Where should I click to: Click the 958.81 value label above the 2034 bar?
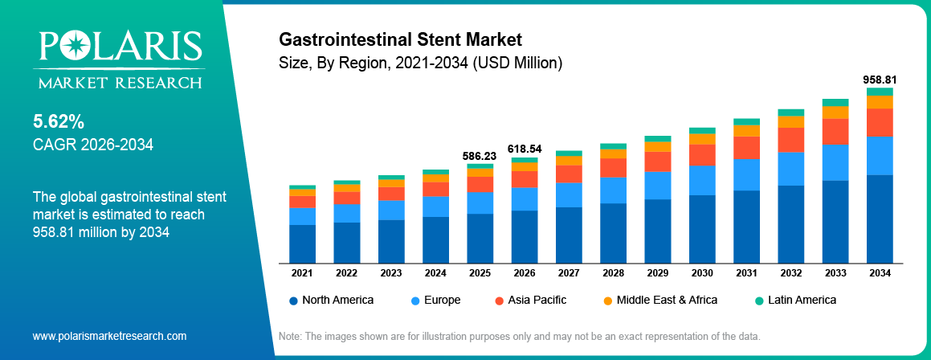coord(880,80)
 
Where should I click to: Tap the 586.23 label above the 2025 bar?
coord(480,155)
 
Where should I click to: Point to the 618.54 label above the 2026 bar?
coord(525,149)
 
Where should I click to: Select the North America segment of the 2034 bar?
coord(880,219)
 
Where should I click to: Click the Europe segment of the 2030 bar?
coord(702,180)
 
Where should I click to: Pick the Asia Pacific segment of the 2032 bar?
coord(790,140)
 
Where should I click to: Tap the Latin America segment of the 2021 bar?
coord(302,187)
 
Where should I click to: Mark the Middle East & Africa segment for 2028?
coord(613,153)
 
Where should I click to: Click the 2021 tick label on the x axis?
coord(302,273)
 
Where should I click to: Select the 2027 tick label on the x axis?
coord(569,273)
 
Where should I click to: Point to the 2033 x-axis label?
coord(835,273)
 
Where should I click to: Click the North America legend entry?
coord(331,300)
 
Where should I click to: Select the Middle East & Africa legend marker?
coord(607,301)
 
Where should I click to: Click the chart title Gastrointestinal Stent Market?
coord(400,39)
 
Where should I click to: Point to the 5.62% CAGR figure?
coord(59,122)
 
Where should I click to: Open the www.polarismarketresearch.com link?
coord(109,336)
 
